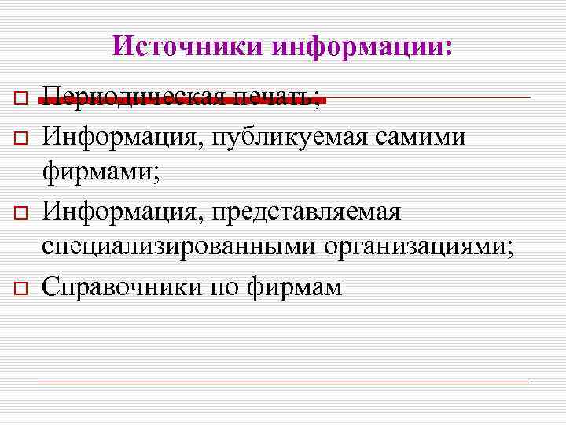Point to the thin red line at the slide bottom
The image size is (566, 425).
pyautogui.click(x=283, y=382)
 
